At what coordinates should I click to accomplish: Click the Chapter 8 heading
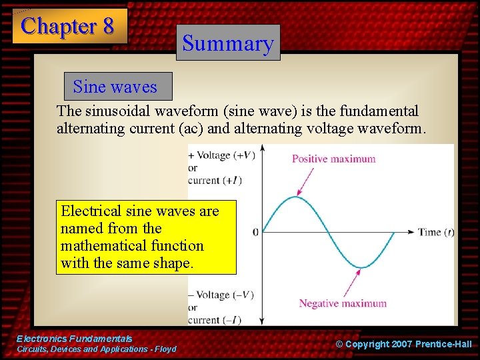click(69, 26)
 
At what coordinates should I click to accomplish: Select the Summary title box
click(228, 43)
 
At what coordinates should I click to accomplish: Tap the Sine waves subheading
click(115, 87)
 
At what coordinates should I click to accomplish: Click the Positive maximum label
click(333, 159)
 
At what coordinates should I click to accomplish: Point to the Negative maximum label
click(342, 303)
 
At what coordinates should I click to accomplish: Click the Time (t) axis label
click(436, 232)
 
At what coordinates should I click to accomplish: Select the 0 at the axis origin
click(255, 233)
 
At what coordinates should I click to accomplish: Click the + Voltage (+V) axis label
click(222, 155)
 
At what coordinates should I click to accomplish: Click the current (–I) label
click(214, 319)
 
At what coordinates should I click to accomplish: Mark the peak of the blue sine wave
click(296, 197)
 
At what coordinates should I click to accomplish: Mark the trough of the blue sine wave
click(361, 267)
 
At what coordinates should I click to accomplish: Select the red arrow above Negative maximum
click(349, 283)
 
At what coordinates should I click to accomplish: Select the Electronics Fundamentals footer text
click(75, 339)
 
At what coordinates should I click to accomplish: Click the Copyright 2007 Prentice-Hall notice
click(403, 344)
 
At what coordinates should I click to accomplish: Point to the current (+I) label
click(214, 180)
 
